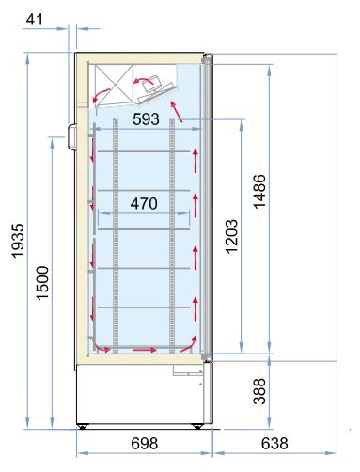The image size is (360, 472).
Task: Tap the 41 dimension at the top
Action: pyautogui.click(x=37, y=16)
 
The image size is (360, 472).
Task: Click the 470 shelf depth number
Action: pyautogui.click(x=143, y=204)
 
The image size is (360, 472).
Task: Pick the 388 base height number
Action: pyautogui.click(x=260, y=390)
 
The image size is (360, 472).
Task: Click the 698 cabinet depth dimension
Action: pyautogui.click(x=144, y=443)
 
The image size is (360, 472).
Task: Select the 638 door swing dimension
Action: pyautogui.click(x=274, y=443)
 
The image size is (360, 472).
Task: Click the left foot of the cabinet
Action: pyautogui.click(x=84, y=428)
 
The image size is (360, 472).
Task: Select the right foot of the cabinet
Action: pyautogui.click(x=195, y=428)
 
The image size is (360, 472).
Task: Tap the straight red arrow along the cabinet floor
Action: pyautogui.click(x=143, y=350)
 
